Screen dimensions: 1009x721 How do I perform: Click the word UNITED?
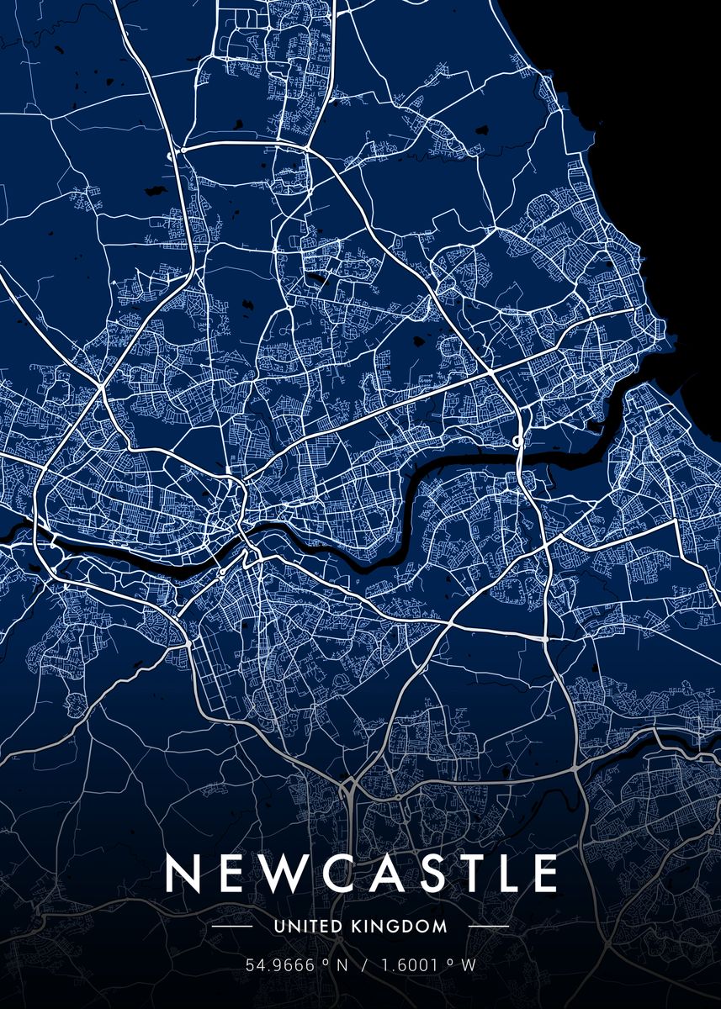tap(308, 927)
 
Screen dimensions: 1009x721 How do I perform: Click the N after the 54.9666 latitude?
tap(341, 964)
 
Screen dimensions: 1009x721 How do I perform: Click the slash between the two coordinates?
tap(365, 964)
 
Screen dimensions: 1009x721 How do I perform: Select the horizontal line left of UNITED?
tap(231, 927)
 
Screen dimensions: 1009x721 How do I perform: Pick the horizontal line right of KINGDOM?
tap(488, 927)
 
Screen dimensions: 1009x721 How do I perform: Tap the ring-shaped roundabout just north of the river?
tap(518, 441)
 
